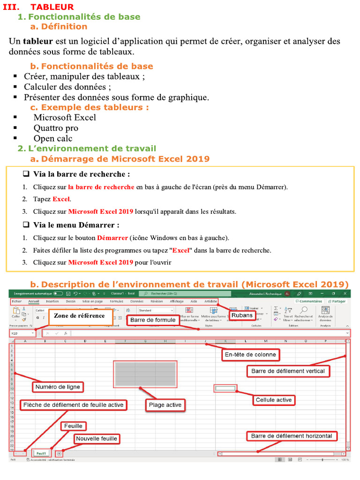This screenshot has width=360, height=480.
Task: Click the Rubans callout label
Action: click(241, 315)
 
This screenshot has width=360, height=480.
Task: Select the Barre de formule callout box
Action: click(153, 320)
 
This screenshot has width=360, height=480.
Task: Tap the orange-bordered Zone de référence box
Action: click(79, 316)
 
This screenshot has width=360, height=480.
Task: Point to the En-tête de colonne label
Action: click(250, 355)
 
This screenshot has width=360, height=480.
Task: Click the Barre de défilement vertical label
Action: click(288, 371)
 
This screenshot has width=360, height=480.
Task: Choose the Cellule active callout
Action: click(273, 400)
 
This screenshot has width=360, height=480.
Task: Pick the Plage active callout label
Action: click(165, 405)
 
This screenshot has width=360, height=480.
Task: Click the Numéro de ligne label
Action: click(58, 387)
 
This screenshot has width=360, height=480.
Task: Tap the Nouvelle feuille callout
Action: click(97, 439)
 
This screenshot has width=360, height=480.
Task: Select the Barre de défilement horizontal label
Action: click(291, 436)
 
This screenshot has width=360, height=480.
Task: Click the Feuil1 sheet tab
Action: click(41, 453)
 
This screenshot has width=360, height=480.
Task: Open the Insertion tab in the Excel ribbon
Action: click(52, 301)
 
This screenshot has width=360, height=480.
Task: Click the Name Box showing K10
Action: click(22, 333)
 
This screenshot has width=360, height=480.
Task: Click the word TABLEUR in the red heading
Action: click(52, 7)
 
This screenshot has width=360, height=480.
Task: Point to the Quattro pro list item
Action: click(56, 128)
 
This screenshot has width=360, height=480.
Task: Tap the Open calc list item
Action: click(53, 138)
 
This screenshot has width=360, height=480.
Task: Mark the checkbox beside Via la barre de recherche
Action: click(26, 174)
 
